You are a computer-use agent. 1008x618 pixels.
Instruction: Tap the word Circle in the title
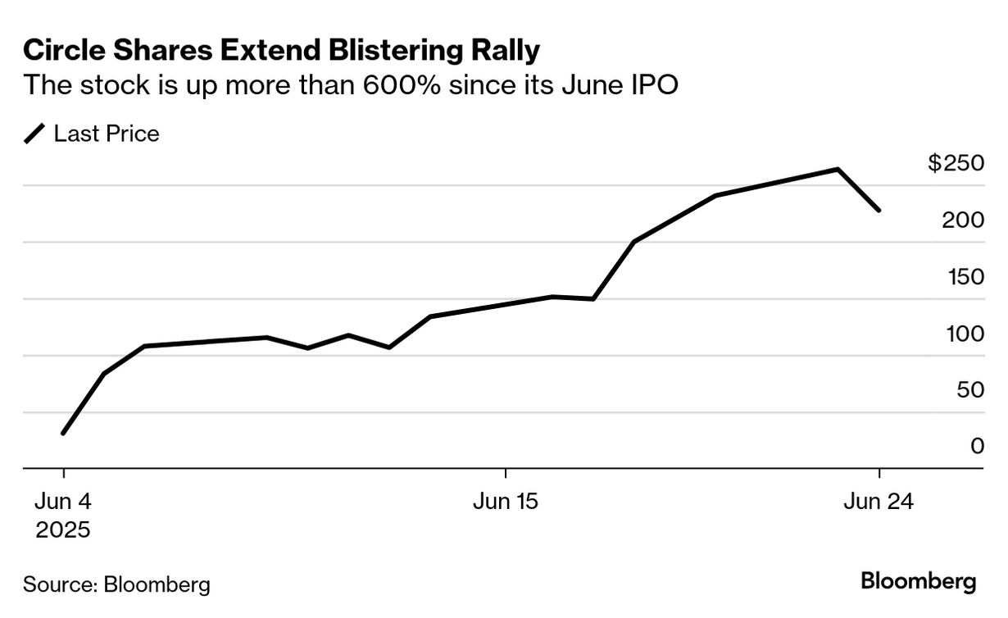click(60, 51)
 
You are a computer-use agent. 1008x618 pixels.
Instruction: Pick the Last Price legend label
click(107, 134)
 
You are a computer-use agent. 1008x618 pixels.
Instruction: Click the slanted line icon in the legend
click(35, 134)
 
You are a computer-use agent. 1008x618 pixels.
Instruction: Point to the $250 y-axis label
click(956, 163)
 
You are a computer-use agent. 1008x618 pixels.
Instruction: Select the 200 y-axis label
click(965, 220)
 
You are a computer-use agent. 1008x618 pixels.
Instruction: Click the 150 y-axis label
click(965, 276)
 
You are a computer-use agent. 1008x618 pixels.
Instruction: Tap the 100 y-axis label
click(965, 333)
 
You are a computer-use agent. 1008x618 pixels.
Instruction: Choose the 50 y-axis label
click(970, 389)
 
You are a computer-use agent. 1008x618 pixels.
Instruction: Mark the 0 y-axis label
click(977, 446)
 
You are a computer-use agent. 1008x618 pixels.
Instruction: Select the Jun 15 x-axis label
click(506, 501)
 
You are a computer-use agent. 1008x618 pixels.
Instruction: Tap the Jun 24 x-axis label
click(879, 501)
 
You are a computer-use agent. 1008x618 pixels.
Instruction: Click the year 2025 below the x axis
click(62, 529)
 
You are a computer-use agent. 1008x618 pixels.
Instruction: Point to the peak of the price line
click(838, 170)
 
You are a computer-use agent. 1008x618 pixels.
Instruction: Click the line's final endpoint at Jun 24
click(879, 211)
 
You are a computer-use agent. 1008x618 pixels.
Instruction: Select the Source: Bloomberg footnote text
click(116, 584)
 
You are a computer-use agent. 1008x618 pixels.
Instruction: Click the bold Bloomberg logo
click(919, 582)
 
